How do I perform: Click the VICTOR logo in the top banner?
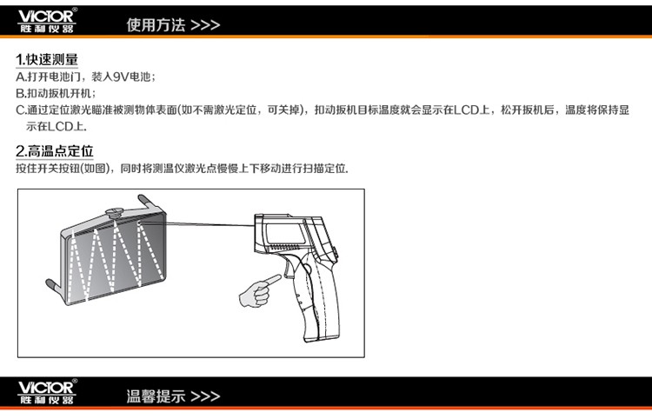(x=47, y=20)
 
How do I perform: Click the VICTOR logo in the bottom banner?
(x=47, y=392)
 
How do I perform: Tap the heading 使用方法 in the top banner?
(x=156, y=25)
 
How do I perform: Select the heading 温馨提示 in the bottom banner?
(x=156, y=396)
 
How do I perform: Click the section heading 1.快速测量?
(x=47, y=60)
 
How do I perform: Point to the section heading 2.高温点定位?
(x=55, y=151)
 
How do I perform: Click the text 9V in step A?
(x=121, y=76)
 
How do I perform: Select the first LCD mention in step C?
(x=466, y=110)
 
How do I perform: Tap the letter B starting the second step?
(x=20, y=94)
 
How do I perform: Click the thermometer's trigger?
(x=289, y=267)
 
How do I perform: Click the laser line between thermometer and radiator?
(x=196, y=224)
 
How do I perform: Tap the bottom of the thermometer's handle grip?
(x=323, y=337)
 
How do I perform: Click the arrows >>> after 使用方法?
(x=205, y=25)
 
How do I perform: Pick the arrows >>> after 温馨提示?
(x=205, y=396)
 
